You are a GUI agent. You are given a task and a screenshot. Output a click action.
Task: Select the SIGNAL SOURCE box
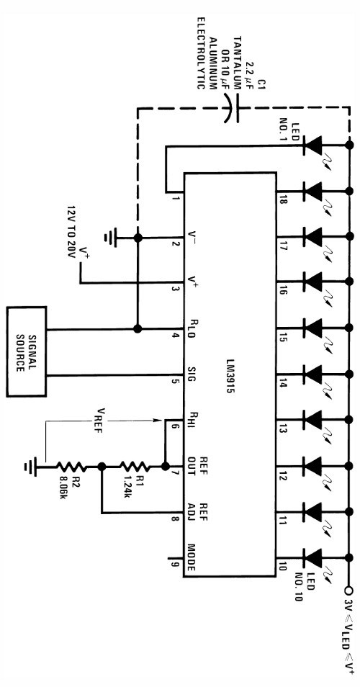click(x=27, y=351)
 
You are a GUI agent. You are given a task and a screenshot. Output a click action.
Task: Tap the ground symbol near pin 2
click(x=110, y=236)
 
